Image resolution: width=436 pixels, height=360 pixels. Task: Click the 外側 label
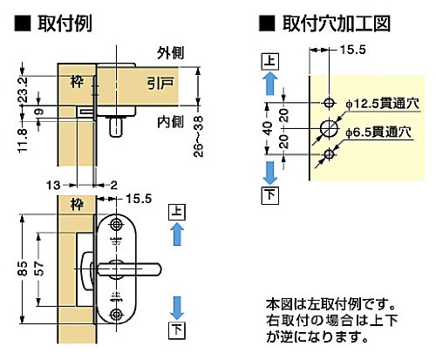(x=171, y=53)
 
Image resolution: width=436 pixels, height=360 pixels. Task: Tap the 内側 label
(x=171, y=122)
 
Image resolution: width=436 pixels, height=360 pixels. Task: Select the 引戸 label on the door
(x=160, y=84)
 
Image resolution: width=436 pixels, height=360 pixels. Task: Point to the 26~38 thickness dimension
(x=199, y=137)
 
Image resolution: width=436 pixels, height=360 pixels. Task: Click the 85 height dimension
(x=23, y=268)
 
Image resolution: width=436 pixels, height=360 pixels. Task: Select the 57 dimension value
(x=38, y=268)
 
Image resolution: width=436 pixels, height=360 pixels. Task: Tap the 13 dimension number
(x=53, y=185)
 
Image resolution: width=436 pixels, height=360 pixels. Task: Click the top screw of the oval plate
(x=117, y=224)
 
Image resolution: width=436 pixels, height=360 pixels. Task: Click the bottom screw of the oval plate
(x=117, y=315)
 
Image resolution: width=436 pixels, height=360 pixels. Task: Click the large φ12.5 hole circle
(x=329, y=128)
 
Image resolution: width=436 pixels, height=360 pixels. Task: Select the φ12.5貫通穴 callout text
(x=382, y=104)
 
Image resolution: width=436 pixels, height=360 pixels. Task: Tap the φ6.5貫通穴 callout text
(x=378, y=132)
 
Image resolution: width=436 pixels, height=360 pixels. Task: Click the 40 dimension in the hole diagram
(x=269, y=128)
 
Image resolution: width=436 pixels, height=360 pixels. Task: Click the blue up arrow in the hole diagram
(x=270, y=84)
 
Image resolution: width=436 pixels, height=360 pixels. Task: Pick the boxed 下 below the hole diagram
(x=270, y=195)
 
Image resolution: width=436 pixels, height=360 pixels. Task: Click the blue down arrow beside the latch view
(x=177, y=308)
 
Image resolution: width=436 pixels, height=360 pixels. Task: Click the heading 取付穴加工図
(x=337, y=24)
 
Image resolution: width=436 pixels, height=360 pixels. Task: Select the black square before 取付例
(x=23, y=24)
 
